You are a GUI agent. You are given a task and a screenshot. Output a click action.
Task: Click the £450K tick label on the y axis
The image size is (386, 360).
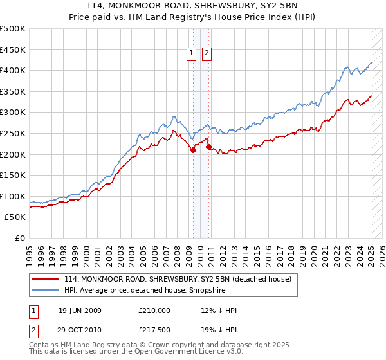pyautogui.click(x=13, y=50)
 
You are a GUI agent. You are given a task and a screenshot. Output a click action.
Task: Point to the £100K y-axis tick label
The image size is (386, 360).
pyautogui.click(x=13, y=196)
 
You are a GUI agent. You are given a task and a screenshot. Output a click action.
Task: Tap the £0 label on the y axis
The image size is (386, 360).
pyautogui.click(x=20, y=238)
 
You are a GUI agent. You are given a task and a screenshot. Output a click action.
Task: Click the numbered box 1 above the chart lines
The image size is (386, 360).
pyautogui.click(x=192, y=54)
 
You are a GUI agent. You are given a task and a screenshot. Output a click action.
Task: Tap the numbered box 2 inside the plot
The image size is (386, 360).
pyautogui.click(x=207, y=54)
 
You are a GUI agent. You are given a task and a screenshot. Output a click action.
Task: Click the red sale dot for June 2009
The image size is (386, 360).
pyautogui.click(x=193, y=150)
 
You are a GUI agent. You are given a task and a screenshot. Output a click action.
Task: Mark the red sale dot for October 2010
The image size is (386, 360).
pyautogui.click(x=208, y=147)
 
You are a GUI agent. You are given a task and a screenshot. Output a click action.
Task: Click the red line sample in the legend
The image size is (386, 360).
pyautogui.click(x=46, y=279)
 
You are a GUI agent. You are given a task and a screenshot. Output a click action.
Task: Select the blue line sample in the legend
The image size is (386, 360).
pyautogui.click(x=46, y=289)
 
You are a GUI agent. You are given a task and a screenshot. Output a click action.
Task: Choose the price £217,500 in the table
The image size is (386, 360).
pyautogui.click(x=154, y=329)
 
